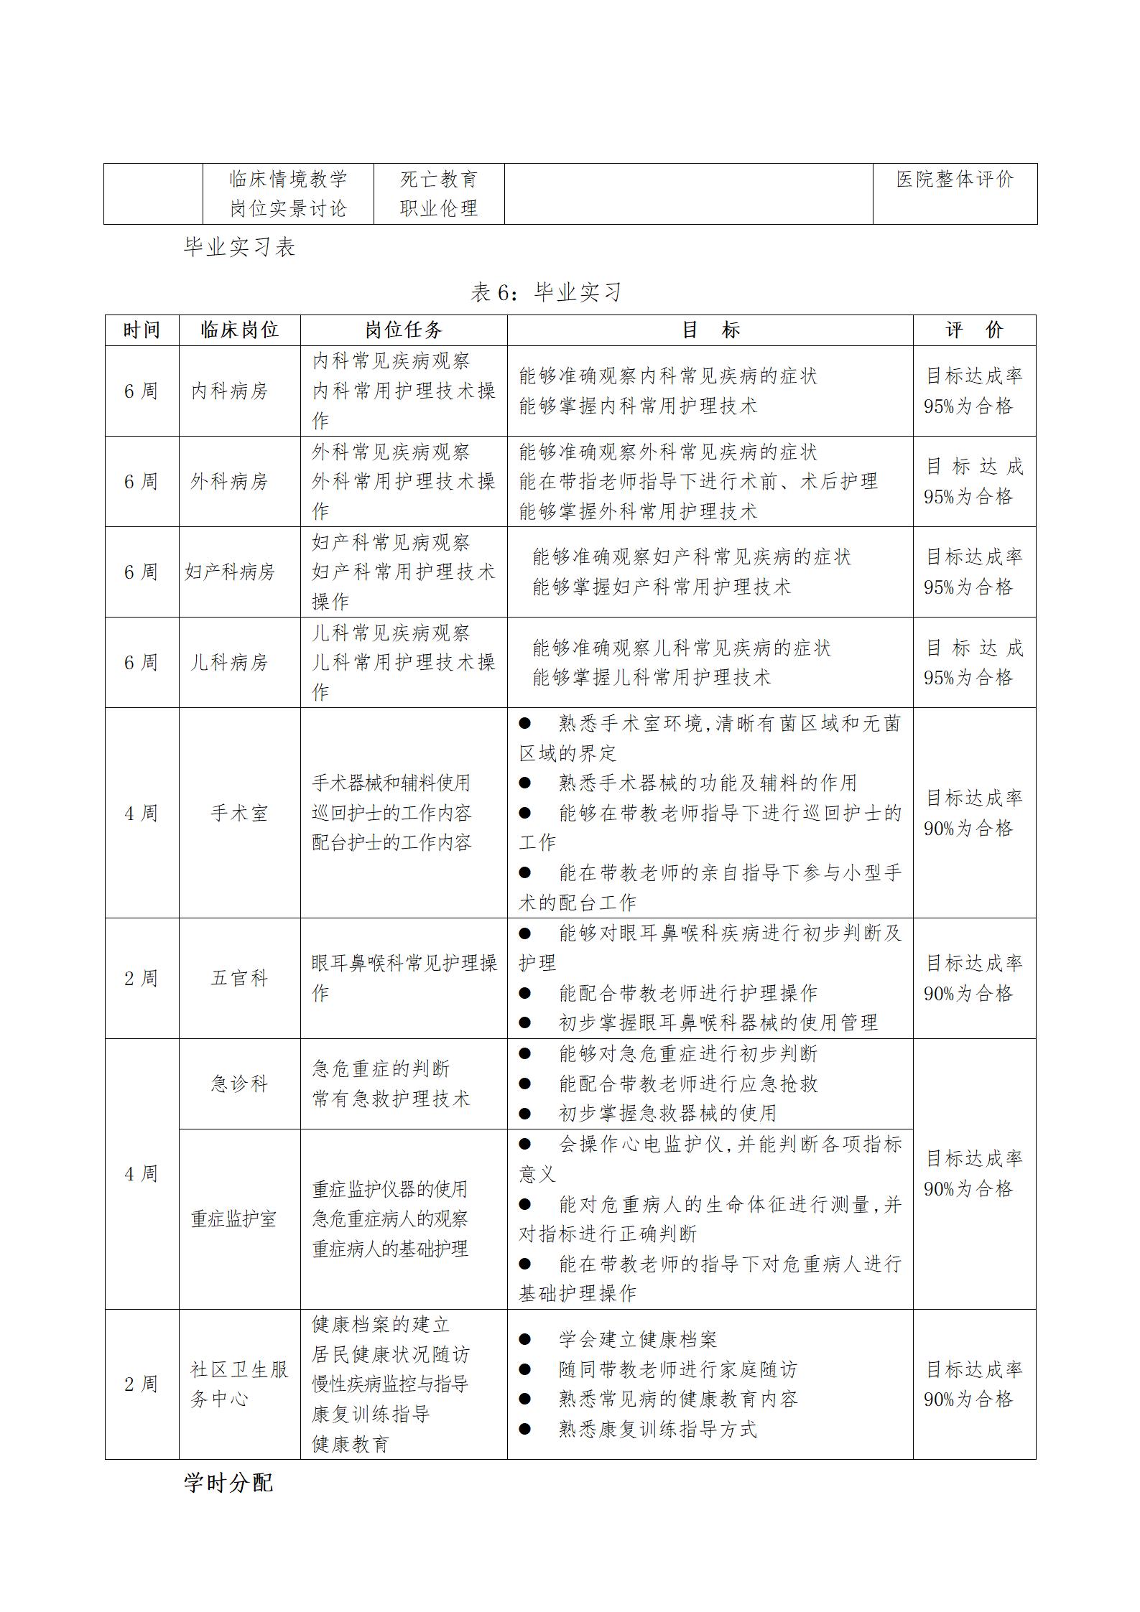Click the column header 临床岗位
pyautogui.click(x=239, y=330)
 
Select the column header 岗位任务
pyautogui.click(x=403, y=330)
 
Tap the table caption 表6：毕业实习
pyautogui.click(x=546, y=292)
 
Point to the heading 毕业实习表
pyautogui.click(x=240, y=248)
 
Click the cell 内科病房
pyautogui.click(x=229, y=391)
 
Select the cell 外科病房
pyautogui.click(x=229, y=482)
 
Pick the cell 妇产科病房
pyautogui.click(x=230, y=572)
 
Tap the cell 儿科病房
pyautogui.click(x=229, y=663)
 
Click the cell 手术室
pyautogui.click(x=239, y=814)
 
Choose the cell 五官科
pyautogui.click(x=239, y=979)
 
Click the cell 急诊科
pyautogui.click(x=239, y=1084)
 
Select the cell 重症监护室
pyautogui.click(x=233, y=1219)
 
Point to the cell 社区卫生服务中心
pyautogui.click(x=239, y=1384)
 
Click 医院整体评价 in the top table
pyautogui.click(x=955, y=180)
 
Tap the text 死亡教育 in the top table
pyautogui.click(x=439, y=180)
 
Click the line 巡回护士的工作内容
pyautogui.click(x=391, y=814)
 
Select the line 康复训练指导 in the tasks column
pyautogui.click(x=371, y=1415)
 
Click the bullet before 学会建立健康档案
pyautogui.click(x=525, y=1340)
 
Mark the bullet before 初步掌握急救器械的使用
pyautogui.click(x=525, y=1114)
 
